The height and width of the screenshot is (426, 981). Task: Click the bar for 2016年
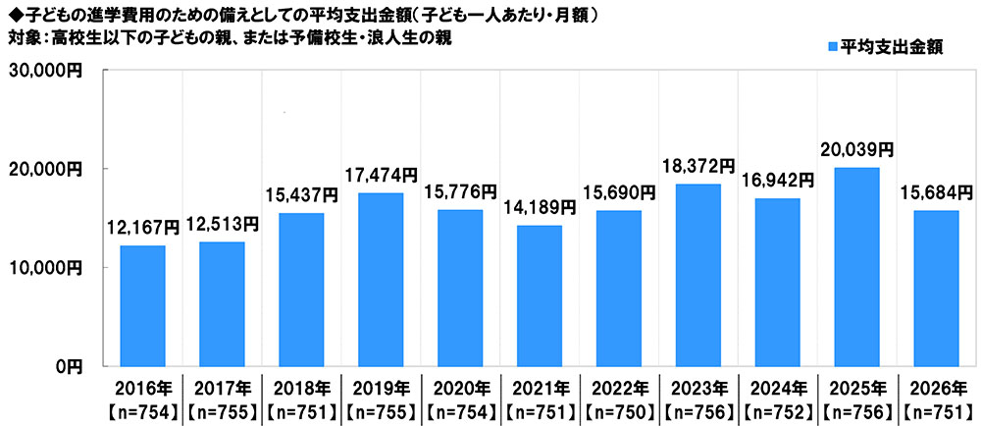pos(142,305)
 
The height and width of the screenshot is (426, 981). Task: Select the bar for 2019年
pos(380,279)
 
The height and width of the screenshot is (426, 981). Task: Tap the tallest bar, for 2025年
pos(855,266)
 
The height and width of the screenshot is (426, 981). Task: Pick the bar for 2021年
pos(539,295)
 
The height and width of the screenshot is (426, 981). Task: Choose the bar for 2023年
pos(697,275)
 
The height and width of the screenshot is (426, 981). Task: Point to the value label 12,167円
pos(142,228)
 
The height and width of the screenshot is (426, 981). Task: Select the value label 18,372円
pos(697,166)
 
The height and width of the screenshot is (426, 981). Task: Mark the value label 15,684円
pos(935,193)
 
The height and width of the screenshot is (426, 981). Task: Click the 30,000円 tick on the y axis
pos(46,71)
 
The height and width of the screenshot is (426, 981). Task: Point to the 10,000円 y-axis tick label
pos(46,267)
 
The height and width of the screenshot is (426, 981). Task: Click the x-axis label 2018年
pos(300,386)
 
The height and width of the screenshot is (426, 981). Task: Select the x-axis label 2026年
pos(935,386)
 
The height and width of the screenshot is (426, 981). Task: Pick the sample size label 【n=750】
pos(618,407)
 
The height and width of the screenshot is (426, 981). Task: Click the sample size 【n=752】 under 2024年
pos(777,407)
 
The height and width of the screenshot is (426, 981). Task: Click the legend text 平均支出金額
pos(893,47)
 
